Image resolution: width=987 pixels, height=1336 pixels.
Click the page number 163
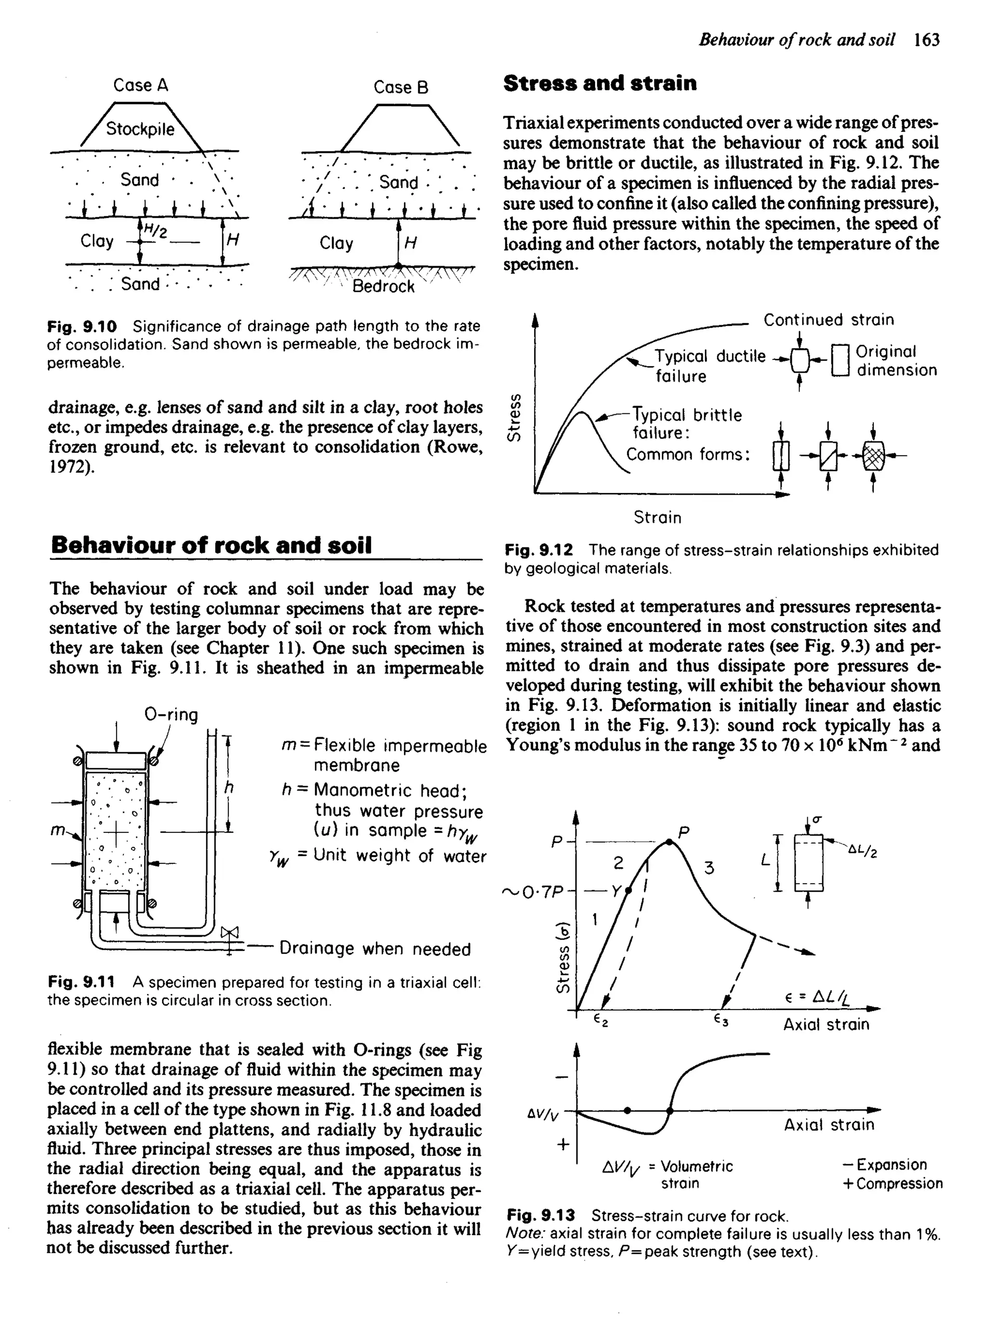(x=927, y=40)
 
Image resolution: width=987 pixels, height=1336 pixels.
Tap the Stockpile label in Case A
(x=140, y=129)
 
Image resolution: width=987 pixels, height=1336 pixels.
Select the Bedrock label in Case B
(x=383, y=287)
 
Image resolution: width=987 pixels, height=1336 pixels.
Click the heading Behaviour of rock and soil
(x=211, y=545)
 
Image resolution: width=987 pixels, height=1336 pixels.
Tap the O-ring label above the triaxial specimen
(x=172, y=714)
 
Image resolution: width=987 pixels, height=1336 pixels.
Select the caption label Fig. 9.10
(x=82, y=327)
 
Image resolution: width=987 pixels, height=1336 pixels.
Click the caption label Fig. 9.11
(x=82, y=983)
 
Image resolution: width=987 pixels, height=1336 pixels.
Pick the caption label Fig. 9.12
(x=539, y=550)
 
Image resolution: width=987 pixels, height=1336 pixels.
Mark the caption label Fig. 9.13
(x=541, y=1216)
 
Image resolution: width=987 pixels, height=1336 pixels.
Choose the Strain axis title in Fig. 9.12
(x=657, y=517)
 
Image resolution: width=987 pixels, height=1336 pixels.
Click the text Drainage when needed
(x=375, y=949)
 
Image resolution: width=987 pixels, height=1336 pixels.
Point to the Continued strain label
(x=828, y=320)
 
